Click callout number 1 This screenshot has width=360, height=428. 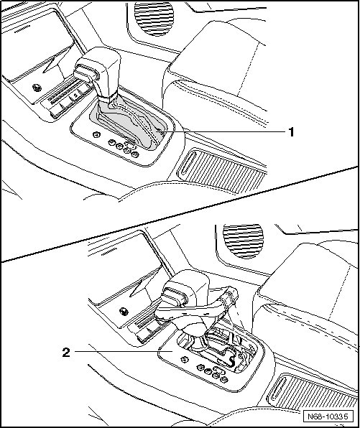tap(292, 132)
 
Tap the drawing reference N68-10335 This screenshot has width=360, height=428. tap(328, 417)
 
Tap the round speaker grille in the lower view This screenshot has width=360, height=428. tap(243, 241)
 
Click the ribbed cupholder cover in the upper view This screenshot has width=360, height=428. tap(221, 171)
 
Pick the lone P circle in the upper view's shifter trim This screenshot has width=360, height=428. tap(97, 135)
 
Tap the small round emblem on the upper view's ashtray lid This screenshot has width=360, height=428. tap(37, 88)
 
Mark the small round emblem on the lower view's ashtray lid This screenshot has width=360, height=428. tap(124, 311)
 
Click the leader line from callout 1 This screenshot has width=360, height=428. tap(222, 132)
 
